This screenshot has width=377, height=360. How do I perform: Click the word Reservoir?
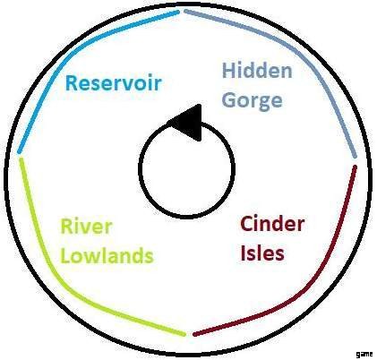click(x=114, y=82)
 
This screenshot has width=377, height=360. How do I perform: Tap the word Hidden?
click(x=257, y=71)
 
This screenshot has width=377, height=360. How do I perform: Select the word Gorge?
click(x=253, y=101)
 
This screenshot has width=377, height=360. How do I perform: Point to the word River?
click(x=86, y=227)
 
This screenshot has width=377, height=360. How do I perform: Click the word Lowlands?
click(x=107, y=255)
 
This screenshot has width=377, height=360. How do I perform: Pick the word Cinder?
click(x=272, y=224)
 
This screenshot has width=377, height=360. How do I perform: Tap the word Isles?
click(x=262, y=253)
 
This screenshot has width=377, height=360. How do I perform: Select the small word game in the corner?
click(x=364, y=355)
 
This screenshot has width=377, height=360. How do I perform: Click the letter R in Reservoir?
click(x=72, y=82)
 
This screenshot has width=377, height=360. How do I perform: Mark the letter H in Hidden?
click(x=228, y=71)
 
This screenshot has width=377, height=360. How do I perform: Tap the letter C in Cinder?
click(x=247, y=224)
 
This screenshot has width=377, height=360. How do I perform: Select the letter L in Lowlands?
click(x=66, y=255)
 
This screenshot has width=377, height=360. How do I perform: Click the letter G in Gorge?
click(x=229, y=100)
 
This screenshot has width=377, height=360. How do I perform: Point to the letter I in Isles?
click(x=244, y=253)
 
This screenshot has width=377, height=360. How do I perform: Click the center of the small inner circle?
click(x=186, y=168)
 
